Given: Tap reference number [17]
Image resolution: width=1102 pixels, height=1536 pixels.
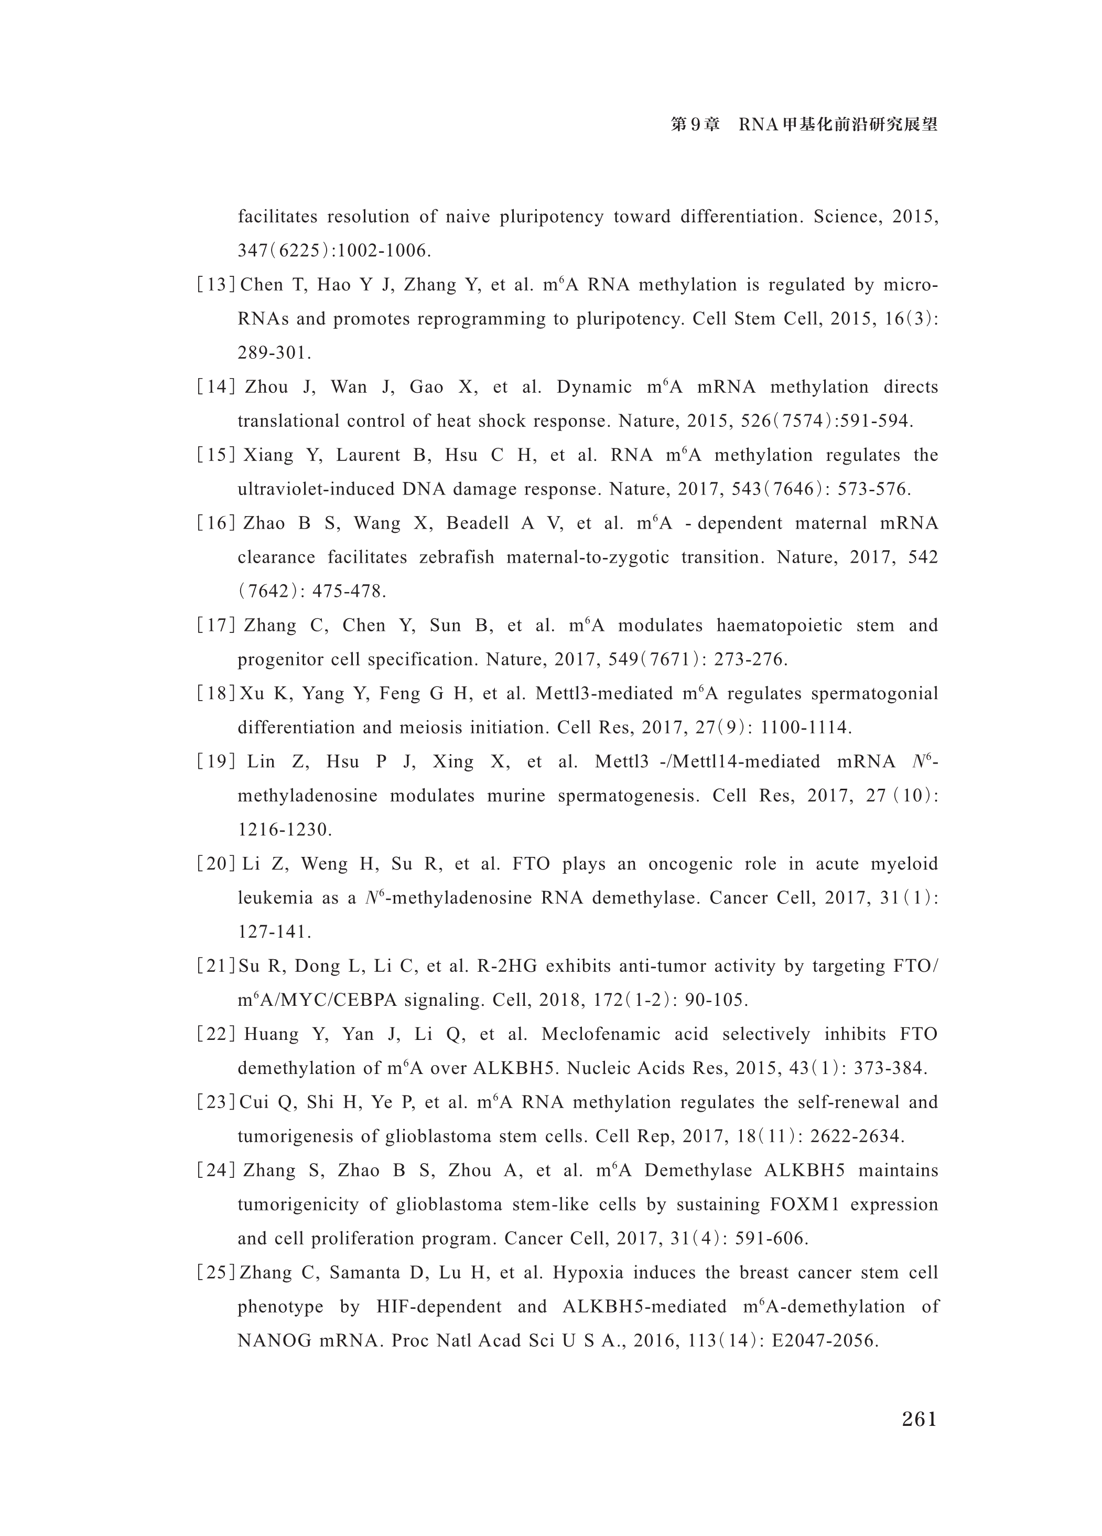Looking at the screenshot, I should [215, 626].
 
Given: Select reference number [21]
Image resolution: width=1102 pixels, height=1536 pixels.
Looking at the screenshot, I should [215, 966].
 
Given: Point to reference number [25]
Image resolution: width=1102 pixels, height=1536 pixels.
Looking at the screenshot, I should [215, 1273].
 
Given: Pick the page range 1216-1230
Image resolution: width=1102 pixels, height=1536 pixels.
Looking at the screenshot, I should [284, 830].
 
